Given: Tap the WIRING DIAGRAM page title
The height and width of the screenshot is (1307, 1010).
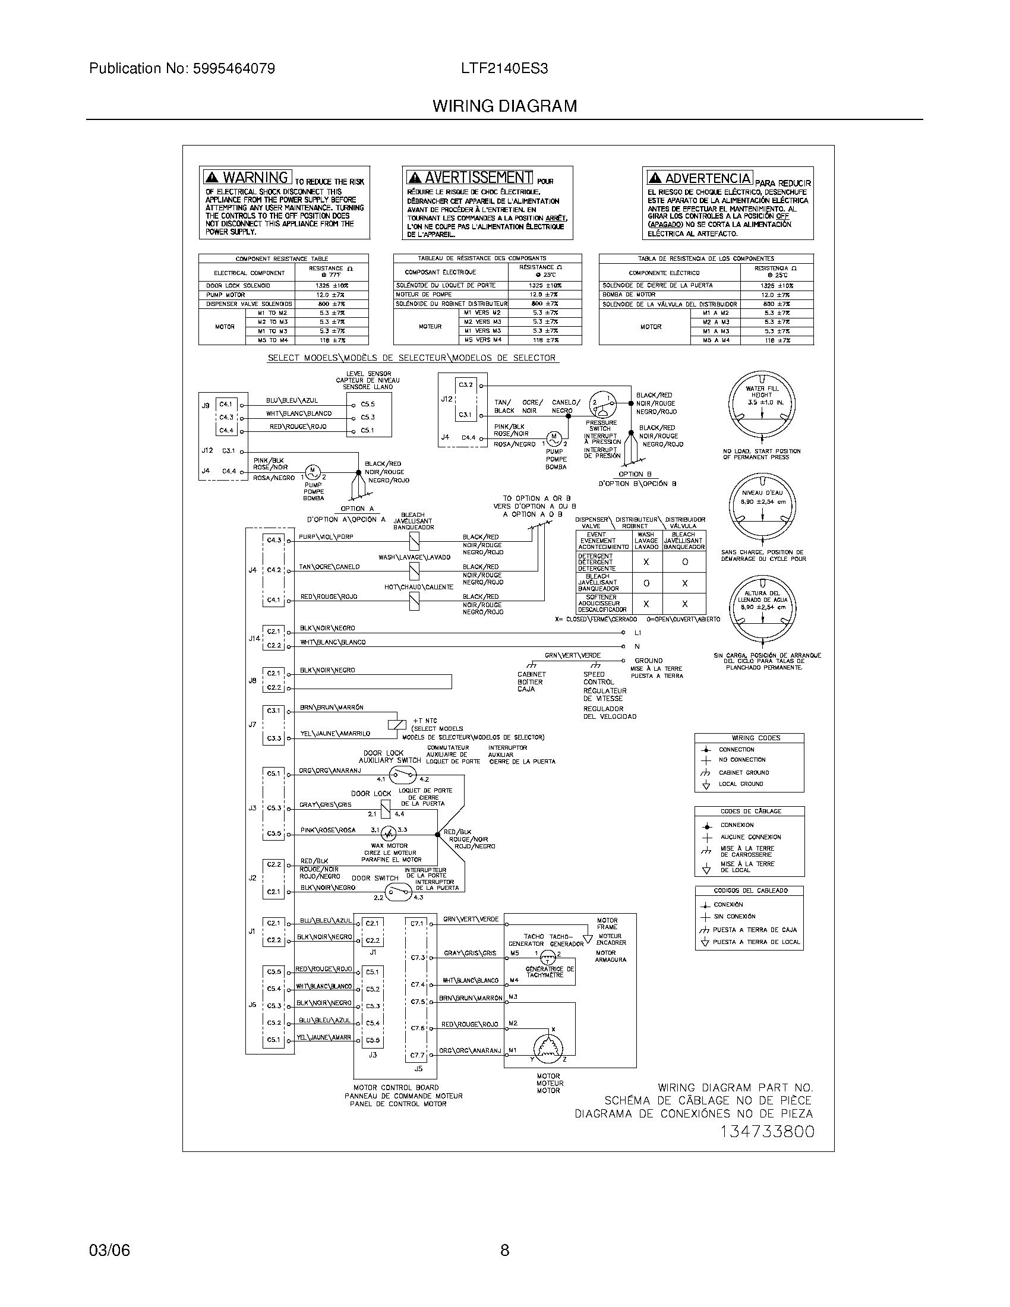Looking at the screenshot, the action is [x=505, y=106].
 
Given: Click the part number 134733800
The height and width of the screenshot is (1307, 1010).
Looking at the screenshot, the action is [x=767, y=1132].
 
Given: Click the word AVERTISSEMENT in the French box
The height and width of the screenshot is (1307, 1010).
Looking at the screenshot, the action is [x=478, y=178].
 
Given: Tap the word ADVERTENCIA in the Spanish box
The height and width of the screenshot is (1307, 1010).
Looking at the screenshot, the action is [x=708, y=178].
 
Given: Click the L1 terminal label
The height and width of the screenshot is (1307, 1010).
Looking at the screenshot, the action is [x=638, y=633].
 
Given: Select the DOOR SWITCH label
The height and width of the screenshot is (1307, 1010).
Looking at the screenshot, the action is [x=374, y=879].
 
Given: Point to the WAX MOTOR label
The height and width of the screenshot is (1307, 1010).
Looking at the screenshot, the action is [x=389, y=846].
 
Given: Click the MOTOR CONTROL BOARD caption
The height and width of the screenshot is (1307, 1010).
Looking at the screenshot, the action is [x=396, y=1087].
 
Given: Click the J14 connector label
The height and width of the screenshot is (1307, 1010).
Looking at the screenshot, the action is [x=254, y=639].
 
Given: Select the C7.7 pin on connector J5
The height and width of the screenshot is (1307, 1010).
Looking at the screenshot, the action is [x=417, y=1055].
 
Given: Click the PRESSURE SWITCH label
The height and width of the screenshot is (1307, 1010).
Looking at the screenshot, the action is [x=600, y=425].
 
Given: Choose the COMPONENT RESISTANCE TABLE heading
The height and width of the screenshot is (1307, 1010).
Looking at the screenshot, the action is [x=281, y=259].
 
